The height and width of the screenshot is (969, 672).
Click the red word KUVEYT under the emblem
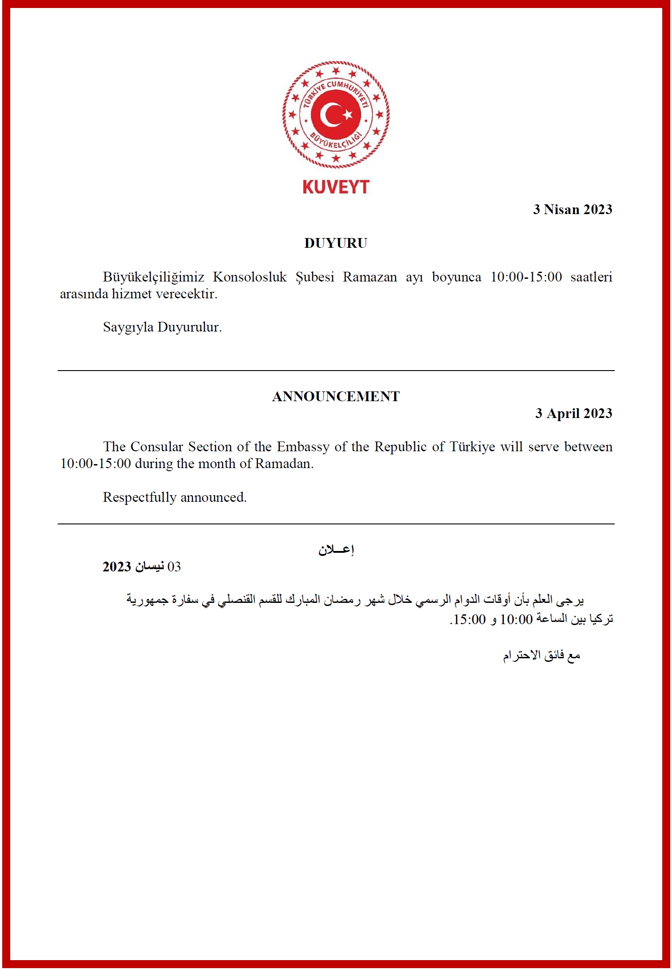pyautogui.click(x=336, y=187)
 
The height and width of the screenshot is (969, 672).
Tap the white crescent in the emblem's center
pyautogui.click(x=330, y=115)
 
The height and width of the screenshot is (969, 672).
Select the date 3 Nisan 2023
pyautogui.click(x=572, y=209)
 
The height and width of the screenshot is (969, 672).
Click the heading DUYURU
pyautogui.click(x=336, y=243)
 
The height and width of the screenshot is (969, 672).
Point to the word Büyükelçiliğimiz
pyautogui.click(x=153, y=277)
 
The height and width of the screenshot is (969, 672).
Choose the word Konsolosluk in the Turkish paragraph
pyautogui.click(x=250, y=277)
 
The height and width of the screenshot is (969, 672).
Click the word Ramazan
pyautogui.click(x=370, y=277)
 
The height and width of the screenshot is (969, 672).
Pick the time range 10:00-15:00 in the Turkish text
pyautogui.click(x=526, y=277)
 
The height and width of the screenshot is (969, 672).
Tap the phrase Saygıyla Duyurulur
pyautogui.click(x=162, y=327)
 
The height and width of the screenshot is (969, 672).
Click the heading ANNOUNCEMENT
pyautogui.click(x=336, y=396)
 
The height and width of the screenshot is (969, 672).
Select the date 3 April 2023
pyautogui.click(x=574, y=413)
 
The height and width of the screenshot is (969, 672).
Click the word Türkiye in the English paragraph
pyautogui.click(x=472, y=446)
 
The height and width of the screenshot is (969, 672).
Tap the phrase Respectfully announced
pyautogui.click(x=175, y=497)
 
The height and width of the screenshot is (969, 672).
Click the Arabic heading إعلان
pyautogui.click(x=336, y=550)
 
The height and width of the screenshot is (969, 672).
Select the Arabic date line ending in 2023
pyautogui.click(x=142, y=567)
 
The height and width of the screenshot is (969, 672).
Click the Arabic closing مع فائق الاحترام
pyautogui.click(x=541, y=655)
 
